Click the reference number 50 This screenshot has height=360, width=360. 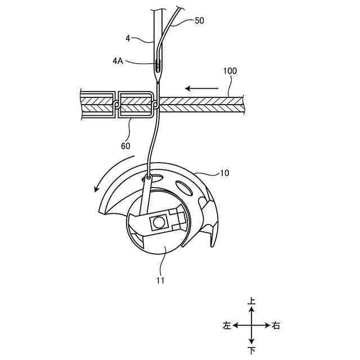(199, 21)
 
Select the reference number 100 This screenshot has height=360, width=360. (229, 71)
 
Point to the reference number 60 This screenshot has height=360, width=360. (125, 146)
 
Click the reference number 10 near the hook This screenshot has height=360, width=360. (224, 173)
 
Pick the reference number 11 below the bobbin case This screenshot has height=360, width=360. (160, 280)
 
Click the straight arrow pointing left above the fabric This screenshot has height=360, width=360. (202, 88)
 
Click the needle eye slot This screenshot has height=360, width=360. (159, 66)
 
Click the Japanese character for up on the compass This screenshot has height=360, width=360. (251, 302)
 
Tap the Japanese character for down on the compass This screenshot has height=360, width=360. (251, 350)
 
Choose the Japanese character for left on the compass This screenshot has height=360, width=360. (227, 326)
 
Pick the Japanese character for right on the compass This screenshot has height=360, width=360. (276, 326)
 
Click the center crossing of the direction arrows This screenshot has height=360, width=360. (251, 326)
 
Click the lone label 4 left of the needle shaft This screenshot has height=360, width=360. (128, 39)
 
